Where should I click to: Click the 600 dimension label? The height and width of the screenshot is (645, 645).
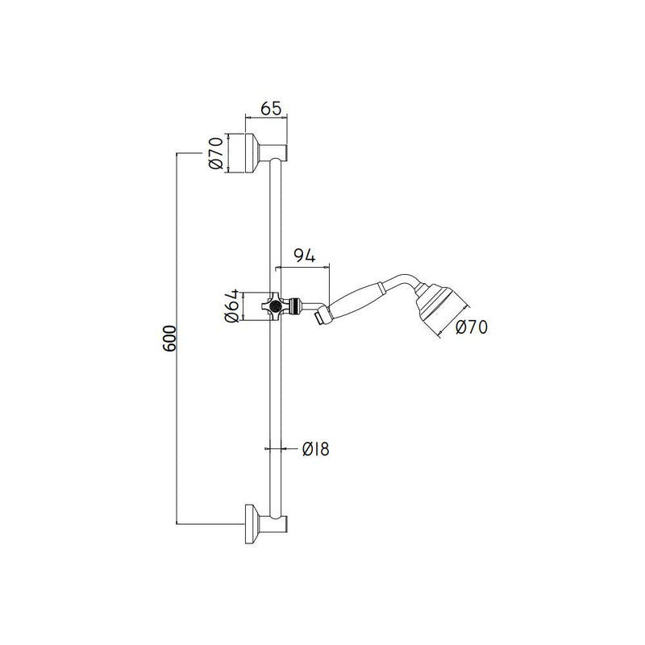[169, 339]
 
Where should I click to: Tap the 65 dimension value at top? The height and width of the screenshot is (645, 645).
[271, 108]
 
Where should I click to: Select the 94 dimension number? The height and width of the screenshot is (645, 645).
[305, 256]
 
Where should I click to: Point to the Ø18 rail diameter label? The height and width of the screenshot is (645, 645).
[315, 449]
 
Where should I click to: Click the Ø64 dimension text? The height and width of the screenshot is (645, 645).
[231, 306]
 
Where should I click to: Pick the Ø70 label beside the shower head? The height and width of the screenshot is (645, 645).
[472, 327]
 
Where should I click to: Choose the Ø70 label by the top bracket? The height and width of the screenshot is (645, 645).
[215, 153]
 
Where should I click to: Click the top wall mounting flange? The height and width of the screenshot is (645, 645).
[252, 153]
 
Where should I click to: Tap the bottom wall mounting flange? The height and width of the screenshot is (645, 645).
[252, 523]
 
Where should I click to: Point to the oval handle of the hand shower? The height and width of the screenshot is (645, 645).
[357, 301]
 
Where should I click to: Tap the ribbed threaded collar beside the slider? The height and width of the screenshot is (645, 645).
[294, 306]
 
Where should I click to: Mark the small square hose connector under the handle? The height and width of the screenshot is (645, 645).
[321, 317]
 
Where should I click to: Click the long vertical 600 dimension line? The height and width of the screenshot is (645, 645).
[177, 339]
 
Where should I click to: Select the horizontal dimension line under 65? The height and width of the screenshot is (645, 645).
[266, 118]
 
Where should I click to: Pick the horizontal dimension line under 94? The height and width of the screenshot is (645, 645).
[302, 268]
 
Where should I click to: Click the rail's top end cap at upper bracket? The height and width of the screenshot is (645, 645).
[279, 152]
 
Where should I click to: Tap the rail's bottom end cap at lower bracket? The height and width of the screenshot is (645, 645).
[279, 523]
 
